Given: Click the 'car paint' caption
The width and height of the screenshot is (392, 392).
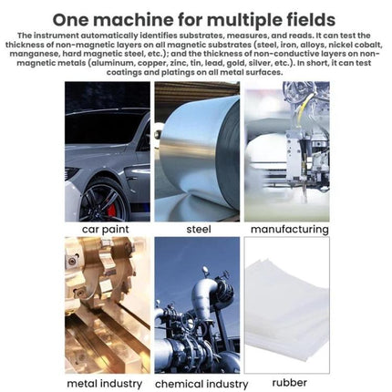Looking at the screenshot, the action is (106, 230).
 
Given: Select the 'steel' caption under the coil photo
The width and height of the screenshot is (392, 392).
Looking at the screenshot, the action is (199, 229).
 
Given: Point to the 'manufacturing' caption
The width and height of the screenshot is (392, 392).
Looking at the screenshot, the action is (290, 229).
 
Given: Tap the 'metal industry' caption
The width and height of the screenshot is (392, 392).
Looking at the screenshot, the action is (105, 384).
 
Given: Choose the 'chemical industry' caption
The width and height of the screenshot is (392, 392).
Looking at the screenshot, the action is (201, 384).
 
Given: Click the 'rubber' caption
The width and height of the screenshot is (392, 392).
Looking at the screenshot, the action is (289, 383).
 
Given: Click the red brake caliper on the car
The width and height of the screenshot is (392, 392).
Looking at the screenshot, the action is (112, 210).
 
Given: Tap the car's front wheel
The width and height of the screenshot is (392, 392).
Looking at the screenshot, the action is (104, 201).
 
